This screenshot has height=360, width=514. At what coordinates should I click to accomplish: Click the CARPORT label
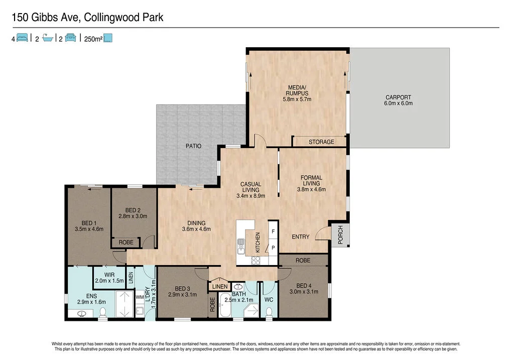click(x=399, y=97)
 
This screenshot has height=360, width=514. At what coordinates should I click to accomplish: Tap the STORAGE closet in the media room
click(x=321, y=142)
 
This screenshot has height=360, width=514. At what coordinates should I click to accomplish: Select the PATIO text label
click(x=193, y=146)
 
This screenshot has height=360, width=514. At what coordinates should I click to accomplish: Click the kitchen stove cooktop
click(x=256, y=260)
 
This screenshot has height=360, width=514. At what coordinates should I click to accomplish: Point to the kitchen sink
click(x=241, y=244)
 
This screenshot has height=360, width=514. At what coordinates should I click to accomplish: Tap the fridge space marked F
click(x=273, y=232)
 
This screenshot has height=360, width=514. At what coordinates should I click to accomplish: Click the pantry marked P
click(x=273, y=248)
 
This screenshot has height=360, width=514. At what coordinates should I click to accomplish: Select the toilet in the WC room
click(x=269, y=312)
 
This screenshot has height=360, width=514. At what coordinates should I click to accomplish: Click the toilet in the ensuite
click(x=103, y=313)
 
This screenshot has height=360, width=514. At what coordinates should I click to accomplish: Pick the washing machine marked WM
click(x=140, y=297)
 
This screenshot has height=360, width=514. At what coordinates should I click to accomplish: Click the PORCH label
click(x=340, y=235)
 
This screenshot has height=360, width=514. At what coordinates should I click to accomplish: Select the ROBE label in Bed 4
click(x=303, y=261)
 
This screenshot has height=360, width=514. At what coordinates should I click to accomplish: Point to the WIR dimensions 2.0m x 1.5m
click(x=109, y=281)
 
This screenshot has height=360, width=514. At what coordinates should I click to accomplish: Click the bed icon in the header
click(x=22, y=38)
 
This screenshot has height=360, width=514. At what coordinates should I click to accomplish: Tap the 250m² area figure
click(x=93, y=38)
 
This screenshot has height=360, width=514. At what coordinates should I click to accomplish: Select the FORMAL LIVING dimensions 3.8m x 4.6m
click(x=311, y=189)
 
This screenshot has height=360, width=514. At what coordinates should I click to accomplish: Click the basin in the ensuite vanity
click(x=83, y=314)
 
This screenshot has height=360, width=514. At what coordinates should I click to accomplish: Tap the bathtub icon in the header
click(x=48, y=38)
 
